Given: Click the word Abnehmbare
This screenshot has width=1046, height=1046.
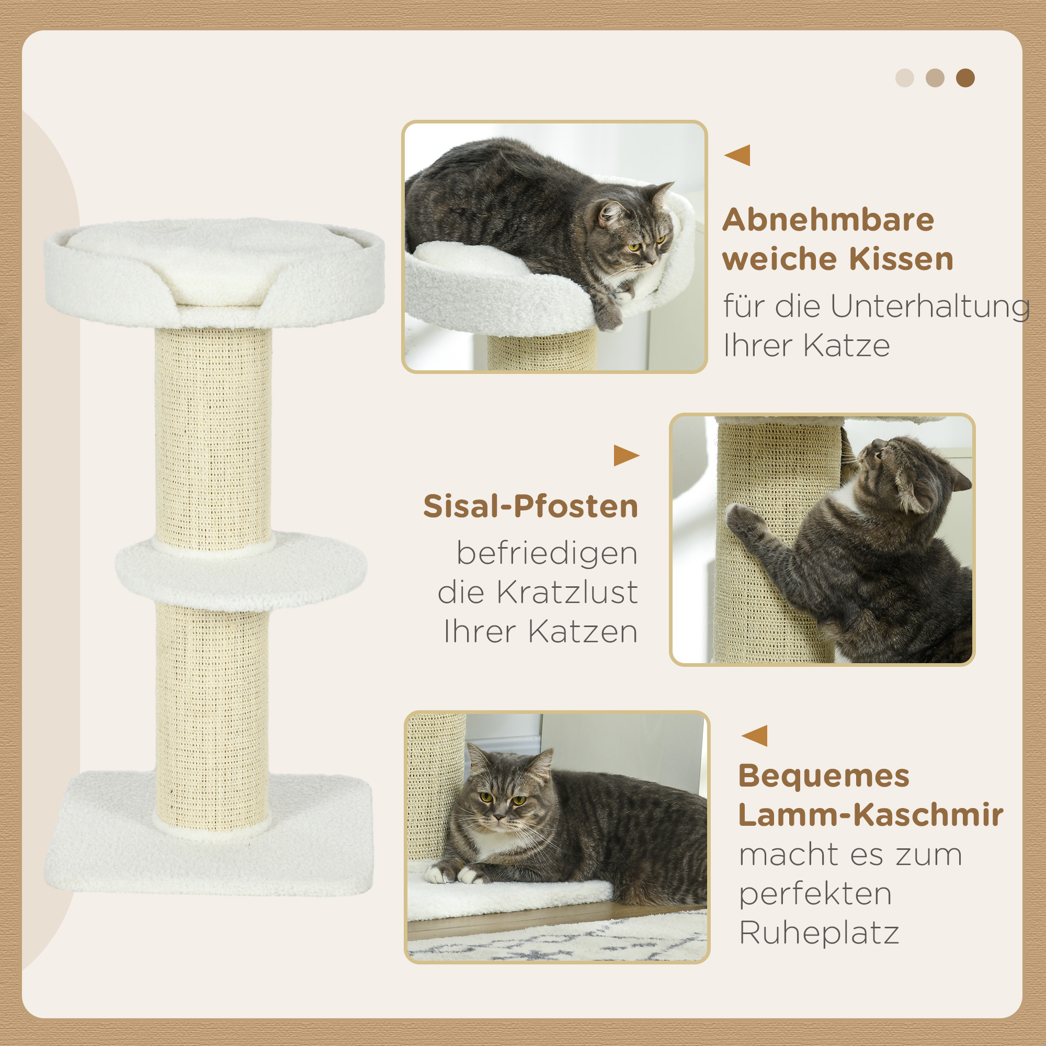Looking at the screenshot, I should click(828, 220).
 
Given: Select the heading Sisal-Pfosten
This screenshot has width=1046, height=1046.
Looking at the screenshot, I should click(530, 507).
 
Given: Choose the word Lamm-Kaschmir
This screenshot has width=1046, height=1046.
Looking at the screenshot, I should click(871, 815).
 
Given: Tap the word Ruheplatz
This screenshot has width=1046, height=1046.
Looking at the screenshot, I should click(819, 933).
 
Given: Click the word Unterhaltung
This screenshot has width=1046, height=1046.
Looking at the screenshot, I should click(929, 306).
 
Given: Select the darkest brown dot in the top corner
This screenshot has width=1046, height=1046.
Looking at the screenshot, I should click(965, 78).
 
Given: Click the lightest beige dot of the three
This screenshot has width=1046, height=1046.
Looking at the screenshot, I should click(905, 78).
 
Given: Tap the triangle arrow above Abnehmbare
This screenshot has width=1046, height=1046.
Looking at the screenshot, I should click(738, 155).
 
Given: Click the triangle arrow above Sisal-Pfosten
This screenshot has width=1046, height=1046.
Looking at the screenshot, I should click(626, 456).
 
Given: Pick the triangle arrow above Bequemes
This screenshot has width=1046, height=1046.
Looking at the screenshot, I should click(755, 736).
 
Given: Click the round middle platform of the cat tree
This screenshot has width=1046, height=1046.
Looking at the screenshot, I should click(241, 572).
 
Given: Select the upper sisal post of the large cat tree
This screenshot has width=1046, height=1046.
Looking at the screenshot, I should click(213, 433).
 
